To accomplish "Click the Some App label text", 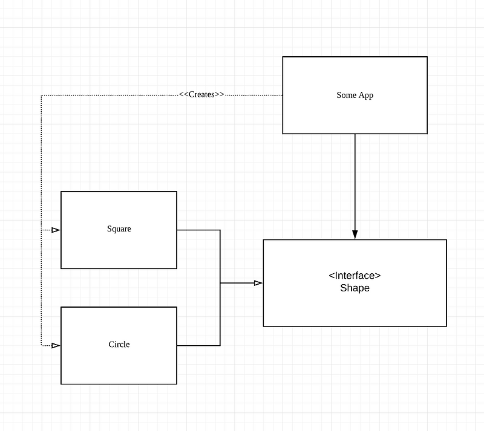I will click(x=355, y=95).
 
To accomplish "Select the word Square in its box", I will click(x=119, y=228).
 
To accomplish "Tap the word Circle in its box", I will click(x=119, y=345).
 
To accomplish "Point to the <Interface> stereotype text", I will click(x=355, y=276).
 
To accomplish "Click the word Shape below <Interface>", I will click(x=355, y=288).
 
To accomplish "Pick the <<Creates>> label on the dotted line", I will click(x=201, y=94).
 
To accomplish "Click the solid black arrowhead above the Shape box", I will click(x=355, y=234).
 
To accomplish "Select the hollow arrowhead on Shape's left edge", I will click(x=258, y=283).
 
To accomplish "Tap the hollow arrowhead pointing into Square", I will click(x=56, y=230).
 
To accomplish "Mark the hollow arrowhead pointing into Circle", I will click(x=56, y=345).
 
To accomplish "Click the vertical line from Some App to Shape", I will click(x=355, y=181).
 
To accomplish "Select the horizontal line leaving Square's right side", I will click(x=198, y=230).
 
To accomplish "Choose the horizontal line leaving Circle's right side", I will click(x=198, y=346).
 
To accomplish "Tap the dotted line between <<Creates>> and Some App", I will click(x=254, y=95).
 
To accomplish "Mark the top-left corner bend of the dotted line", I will click(x=41, y=95).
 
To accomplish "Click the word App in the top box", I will click(x=365, y=95).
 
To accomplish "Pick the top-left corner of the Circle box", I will click(x=61, y=307).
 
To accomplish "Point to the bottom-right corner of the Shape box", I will click(x=446, y=326).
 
